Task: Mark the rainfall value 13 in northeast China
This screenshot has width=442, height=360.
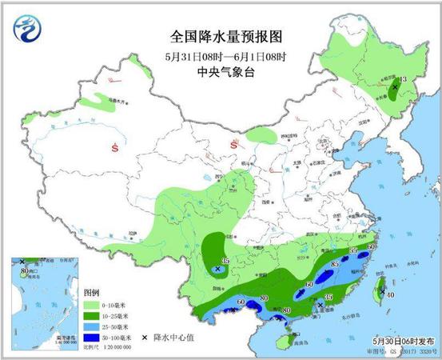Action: click(x=403, y=78)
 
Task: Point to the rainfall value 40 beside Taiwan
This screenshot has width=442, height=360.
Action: click(x=389, y=294)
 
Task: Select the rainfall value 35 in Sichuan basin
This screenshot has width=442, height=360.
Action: click(x=225, y=261)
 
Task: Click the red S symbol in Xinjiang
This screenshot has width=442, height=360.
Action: click(x=117, y=147)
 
